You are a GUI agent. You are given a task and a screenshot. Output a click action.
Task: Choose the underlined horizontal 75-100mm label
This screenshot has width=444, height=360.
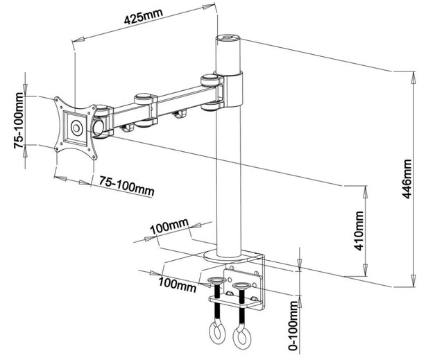coord(126,186)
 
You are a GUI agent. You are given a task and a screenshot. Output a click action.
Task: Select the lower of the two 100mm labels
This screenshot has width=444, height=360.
coord(177,284)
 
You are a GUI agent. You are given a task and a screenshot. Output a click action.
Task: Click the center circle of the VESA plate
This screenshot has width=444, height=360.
coord(76,128)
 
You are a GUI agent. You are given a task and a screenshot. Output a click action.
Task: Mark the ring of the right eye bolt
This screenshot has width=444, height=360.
coord(242,338)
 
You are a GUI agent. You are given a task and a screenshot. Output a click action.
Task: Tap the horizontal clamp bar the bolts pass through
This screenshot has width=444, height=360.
coord(236,300)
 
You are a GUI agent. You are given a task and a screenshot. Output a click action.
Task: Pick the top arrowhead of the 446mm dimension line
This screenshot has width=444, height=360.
coord(413,72)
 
